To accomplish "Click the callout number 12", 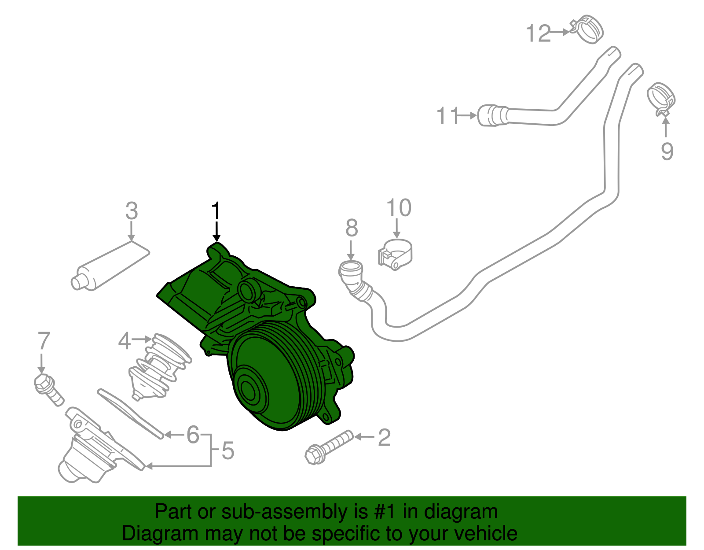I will [x=539, y=33].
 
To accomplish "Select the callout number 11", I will [x=447, y=116].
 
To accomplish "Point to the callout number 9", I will [x=667, y=151].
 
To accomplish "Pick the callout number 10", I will [x=399, y=208].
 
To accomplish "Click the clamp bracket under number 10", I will [x=395, y=256].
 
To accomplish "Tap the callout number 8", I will [x=352, y=228].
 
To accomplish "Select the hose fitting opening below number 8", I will [x=351, y=268].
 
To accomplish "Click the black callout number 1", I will [x=216, y=211].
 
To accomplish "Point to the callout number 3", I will [x=132, y=211].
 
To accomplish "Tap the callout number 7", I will [x=44, y=341].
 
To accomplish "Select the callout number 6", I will [x=193, y=435].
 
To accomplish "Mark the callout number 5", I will [x=227, y=450].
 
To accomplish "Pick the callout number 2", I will [x=384, y=437].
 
